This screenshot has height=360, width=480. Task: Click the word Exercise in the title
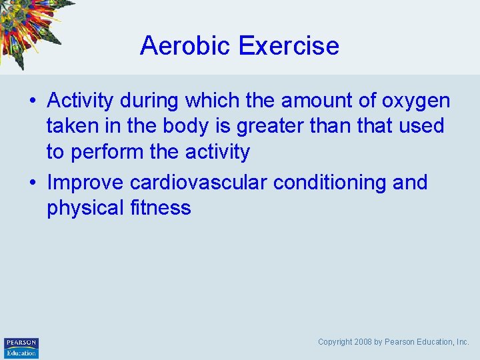pos(288,46)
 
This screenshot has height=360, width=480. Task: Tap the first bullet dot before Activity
pos(31,101)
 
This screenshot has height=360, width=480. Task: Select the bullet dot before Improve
pos(31,183)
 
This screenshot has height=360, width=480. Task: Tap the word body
pos(178,126)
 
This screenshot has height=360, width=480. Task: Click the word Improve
pos(85,183)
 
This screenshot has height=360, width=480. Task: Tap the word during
pos(149,101)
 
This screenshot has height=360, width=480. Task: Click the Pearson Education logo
pos(21,347)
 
